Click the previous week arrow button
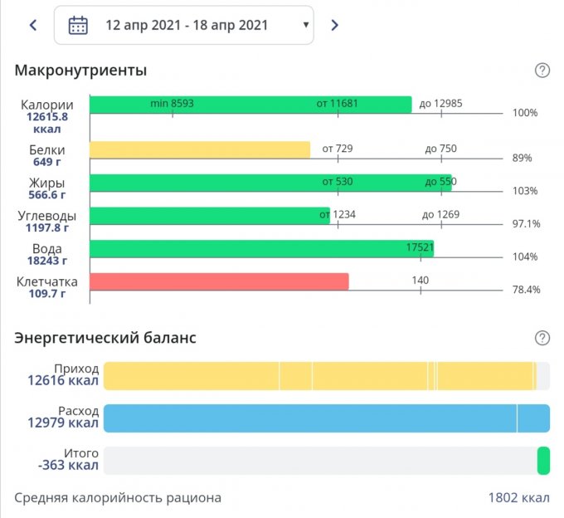[x=33, y=25]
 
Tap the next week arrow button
[x=334, y=25]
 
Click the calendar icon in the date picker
[x=78, y=25]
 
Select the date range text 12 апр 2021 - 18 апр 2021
[x=187, y=25]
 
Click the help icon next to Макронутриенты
[x=542, y=71]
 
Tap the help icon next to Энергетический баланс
[x=542, y=338]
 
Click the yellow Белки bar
[x=199, y=149]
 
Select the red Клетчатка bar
[x=219, y=281]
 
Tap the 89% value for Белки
[x=523, y=158]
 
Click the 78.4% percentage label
[x=526, y=290]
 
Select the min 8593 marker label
[x=172, y=103]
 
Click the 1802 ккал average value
[x=518, y=498]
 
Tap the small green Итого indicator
[x=543, y=461]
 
